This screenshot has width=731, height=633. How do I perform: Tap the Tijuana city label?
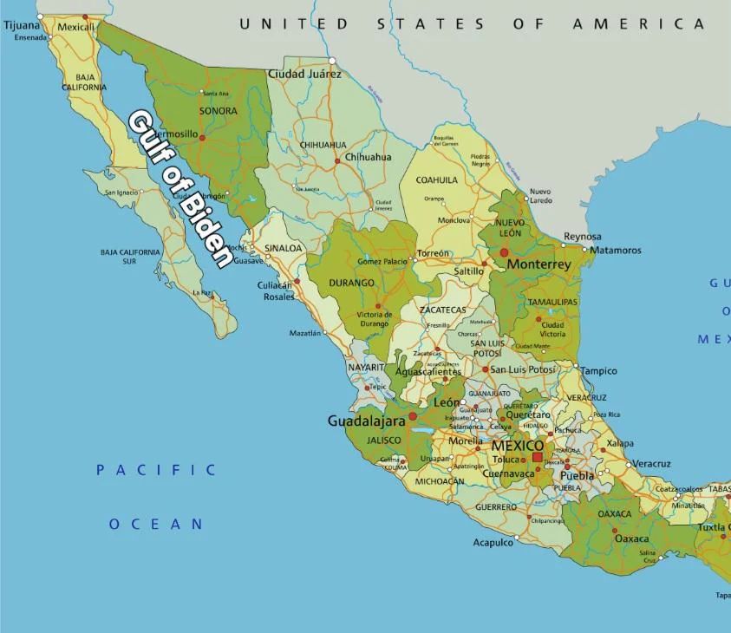click(22, 25)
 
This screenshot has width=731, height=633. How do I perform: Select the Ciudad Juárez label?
click(304, 74)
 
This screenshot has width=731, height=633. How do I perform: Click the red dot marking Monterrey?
click(503, 252)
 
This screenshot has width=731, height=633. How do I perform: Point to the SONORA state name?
click(218, 111)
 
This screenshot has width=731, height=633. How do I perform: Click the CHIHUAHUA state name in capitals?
click(323, 145)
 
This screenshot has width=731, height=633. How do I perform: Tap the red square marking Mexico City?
click(538, 457)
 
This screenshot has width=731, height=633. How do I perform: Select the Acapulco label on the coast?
click(493, 543)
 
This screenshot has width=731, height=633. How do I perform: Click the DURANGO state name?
click(352, 283)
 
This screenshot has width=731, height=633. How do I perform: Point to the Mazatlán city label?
click(304, 333)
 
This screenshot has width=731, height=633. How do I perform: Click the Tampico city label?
click(598, 371)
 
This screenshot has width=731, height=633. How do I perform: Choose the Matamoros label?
click(616, 251)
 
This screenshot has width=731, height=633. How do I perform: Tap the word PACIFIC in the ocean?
click(156, 470)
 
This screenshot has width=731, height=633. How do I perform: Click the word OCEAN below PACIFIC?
click(156, 524)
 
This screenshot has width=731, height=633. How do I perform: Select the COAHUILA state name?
click(437, 180)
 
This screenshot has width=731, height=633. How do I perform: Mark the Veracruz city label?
click(651, 464)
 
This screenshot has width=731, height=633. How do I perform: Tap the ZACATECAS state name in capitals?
click(442, 310)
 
